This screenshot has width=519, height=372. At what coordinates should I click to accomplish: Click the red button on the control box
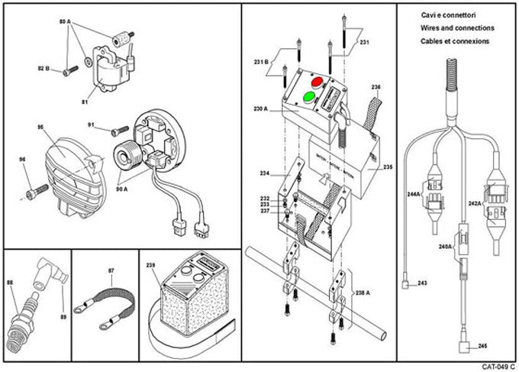318,81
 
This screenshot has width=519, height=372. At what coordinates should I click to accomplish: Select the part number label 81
85,101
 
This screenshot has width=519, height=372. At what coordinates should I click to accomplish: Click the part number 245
483,346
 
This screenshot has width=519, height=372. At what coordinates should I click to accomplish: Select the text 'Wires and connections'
457,27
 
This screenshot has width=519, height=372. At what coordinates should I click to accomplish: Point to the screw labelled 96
33,184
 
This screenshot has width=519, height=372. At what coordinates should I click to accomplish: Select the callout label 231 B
261,61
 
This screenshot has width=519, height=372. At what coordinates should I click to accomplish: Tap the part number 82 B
43,69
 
